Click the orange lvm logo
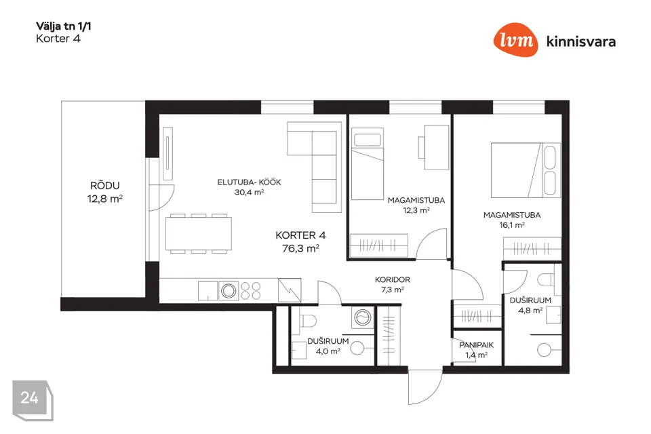tap(515, 39)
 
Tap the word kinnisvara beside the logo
tap(581, 41)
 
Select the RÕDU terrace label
tap(105, 186)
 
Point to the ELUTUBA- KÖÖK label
tap(249, 182)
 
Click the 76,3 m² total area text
tap(300, 248)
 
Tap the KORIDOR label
tap(393, 280)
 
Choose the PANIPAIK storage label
tap(476, 345)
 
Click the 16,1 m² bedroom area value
tap(512, 225)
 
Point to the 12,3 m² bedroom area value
tap(416, 210)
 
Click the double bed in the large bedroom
tap(526, 170)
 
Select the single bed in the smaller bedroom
tap(368, 163)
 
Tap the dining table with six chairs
tap(199, 233)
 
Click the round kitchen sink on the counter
tap(229, 291)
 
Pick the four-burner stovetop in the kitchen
tap(250, 291)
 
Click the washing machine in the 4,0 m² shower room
tap(362, 318)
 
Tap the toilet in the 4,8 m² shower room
tap(549, 279)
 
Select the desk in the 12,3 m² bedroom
tap(434, 147)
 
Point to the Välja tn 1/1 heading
tap(64, 26)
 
